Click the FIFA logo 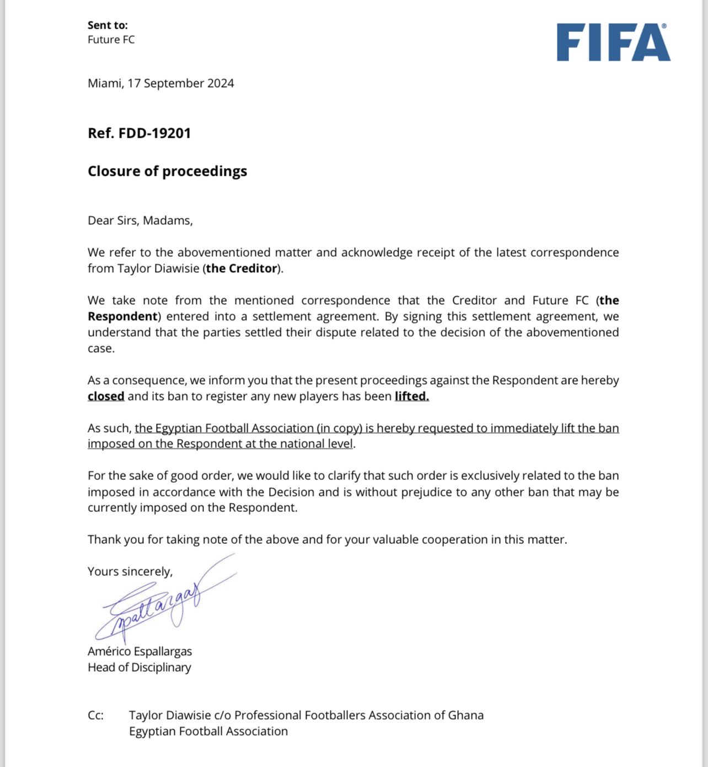pos(613,42)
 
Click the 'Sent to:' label pos(108,25)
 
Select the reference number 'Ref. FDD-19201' pos(139,133)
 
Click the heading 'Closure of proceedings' pos(167,171)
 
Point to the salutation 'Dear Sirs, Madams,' pos(140,220)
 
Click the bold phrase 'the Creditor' pos(241,268)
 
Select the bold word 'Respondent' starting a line pos(122,316)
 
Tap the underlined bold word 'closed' pos(106,396)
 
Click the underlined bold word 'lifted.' pos(411,396)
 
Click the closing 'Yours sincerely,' pos(130,571)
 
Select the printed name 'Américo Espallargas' pos(140,651)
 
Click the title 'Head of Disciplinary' pos(139,667)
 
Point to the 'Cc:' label pos(95,715)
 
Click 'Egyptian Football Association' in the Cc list pos(208,731)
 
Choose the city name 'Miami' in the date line pos(104,83)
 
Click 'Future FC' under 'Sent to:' pos(111,40)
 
